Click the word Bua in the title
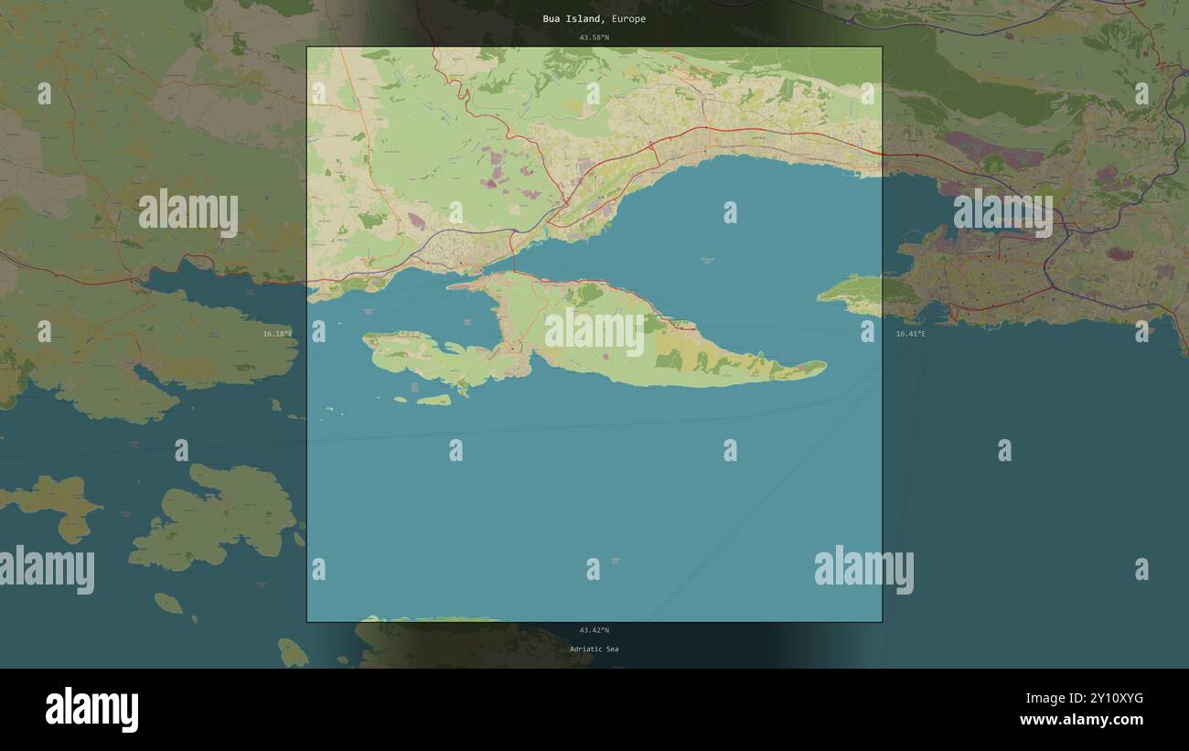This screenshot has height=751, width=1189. pyautogui.click(x=552, y=19)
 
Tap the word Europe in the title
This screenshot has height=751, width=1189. pyautogui.click(x=629, y=19)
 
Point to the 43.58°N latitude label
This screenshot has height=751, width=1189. pyautogui.click(x=594, y=38)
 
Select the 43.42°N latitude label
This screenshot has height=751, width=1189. pyautogui.click(x=594, y=630)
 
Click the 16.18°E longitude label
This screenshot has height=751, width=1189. pyautogui.click(x=277, y=334)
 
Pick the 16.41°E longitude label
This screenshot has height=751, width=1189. pyautogui.click(x=910, y=334)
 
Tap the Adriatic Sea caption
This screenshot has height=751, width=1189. pyautogui.click(x=594, y=649)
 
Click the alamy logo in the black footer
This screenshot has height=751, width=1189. pyautogui.click(x=91, y=710)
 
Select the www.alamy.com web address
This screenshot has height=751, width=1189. pyautogui.click(x=1081, y=721)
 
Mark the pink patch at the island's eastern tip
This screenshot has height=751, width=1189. pyautogui.click(x=801, y=368)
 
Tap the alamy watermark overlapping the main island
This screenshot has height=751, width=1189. pyautogui.click(x=594, y=333)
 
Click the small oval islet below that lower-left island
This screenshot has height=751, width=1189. pyautogui.click(x=167, y=603)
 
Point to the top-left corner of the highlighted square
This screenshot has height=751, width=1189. pyautogui.click(x=307, y=48)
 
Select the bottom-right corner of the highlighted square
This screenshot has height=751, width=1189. pyautogui.click(x=882, y=622)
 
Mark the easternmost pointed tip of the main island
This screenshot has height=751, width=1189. pyautogui.click(x=825, y=368)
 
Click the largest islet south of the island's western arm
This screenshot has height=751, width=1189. pyautogui.click(x=434, y=400)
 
